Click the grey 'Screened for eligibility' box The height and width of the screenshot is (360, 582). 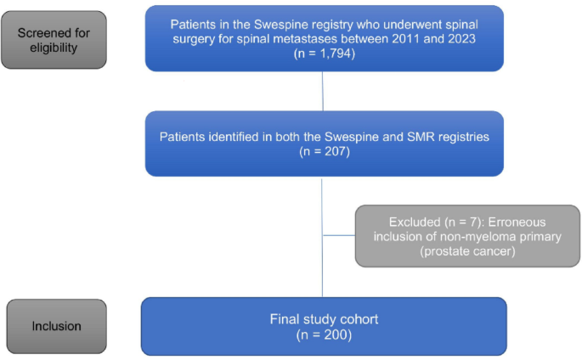pyautogui.click(x=54, y=40)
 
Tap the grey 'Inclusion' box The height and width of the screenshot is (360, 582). pyautogui.click(x=56, y=326)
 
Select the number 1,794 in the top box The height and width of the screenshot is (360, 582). pyautogui.click(x=333, y=53)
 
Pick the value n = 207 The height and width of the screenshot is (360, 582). pyautogui.click(x=325, y=151)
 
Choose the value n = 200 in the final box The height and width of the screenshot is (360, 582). pyautogui.click(x=324, y=335)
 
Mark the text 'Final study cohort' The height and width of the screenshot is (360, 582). pyautogui.click(x=324, y=319)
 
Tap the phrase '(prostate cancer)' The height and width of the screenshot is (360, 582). pyautogui.click(x=467, y=251)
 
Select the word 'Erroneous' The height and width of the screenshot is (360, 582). pyautogui.click(x=517, y=222)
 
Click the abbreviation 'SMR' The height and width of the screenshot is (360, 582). pyautogui.click(x=421, y=137)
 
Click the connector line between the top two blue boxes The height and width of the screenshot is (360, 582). pyautogui.click(x=323, y=91)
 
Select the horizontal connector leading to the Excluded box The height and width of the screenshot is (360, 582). pyautogui.click(x=339, y=235)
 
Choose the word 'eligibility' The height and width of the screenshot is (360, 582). pyautogui.click(x=54, y=48)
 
